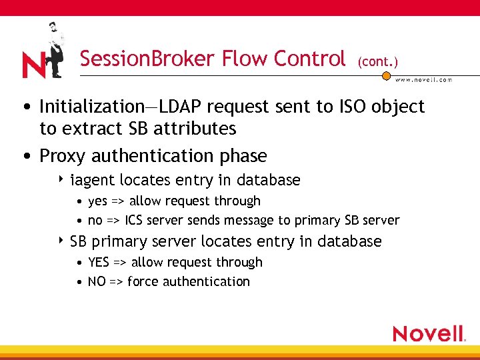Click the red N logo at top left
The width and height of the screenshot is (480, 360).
click(x=33, y=65)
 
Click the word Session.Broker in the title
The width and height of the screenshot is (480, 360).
click(x=134, y=59)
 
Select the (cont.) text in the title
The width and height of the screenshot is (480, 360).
click(x=377, y=61)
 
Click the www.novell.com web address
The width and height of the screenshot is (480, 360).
click(x=423, y=80)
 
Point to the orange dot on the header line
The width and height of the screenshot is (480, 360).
click(x=385, y=75)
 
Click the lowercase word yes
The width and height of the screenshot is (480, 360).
click(x=98, y=201)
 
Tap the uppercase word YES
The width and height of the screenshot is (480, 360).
click(x=99, y=263)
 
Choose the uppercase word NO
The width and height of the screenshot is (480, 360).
click(x=97, y=282)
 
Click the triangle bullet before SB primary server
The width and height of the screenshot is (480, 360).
click(x=62, y=241)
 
